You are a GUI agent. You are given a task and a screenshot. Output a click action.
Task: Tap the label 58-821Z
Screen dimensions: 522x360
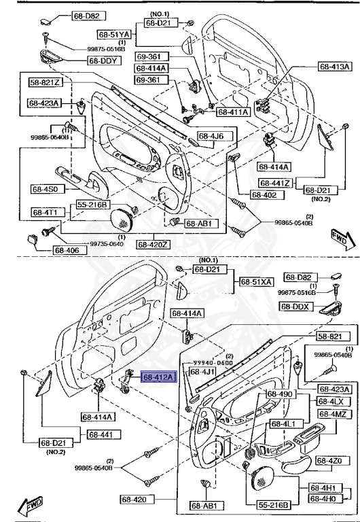click(x=46, y=82)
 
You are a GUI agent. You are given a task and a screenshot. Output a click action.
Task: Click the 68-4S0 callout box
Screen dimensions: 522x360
click(x=45, y=188)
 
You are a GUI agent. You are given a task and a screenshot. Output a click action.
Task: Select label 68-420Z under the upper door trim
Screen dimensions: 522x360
click(x=155, y=244)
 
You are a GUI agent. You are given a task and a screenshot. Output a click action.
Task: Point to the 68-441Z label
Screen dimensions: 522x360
click(x=275, y=183)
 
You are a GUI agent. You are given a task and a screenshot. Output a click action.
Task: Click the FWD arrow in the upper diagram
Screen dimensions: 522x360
click(x=338, y=239)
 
